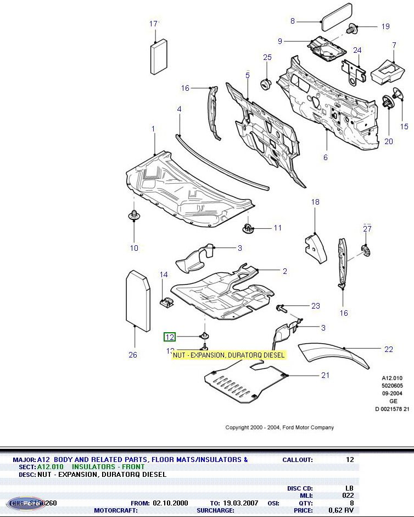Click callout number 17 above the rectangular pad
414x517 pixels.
pyautogui.click(x=154, y=24)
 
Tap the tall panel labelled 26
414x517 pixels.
pyautogui.click(x=138, y=300)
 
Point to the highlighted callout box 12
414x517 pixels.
pyautogui.click(x=170, y=337)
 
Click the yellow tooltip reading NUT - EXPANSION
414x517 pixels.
pyautogui.click(x=229, y=355)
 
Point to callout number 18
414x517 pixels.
pyautogui.click(x=315, y=202)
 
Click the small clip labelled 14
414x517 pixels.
pyautogui.click(x=165, y=301)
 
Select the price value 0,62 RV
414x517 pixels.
pyautogui.click(x=342, y=510)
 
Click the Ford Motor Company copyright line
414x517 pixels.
pyautogui.click(x=279, y=427)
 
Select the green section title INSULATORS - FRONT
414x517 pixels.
pyautogui.click(x=108, y=466)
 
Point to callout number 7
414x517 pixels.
pyautogui.click(x=394, y=45)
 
